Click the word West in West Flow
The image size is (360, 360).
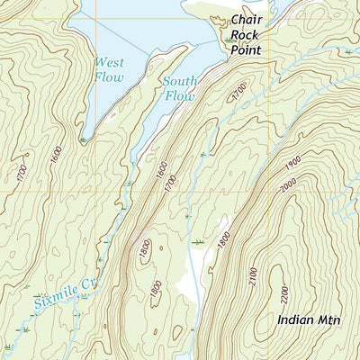click(111, 62)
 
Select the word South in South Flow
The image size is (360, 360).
click(179, 81)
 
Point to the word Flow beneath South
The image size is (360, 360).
click(179, 95)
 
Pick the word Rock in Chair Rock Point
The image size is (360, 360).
click(245, 35)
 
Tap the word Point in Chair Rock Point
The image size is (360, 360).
click(245, 50)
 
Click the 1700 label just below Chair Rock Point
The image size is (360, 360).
click(236, 91)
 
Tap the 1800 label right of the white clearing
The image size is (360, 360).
click(223, 240)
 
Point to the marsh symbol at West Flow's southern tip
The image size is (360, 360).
click(83, 139)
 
